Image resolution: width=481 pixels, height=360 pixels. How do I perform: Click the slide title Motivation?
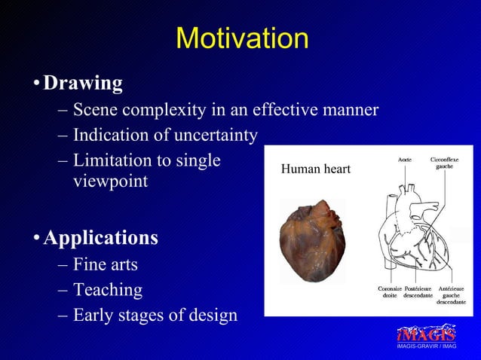coord(241,38)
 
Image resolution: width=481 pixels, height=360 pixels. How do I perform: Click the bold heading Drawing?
coord(83,83)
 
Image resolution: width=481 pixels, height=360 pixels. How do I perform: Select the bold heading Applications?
coord(100,238)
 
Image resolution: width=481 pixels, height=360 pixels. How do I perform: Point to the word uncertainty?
coord(213,136)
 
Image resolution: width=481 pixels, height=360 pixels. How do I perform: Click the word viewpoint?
coord(110,182)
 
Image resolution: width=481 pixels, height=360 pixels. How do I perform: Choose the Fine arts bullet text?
coord(106,264)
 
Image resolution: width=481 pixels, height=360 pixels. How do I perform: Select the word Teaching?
coord(108,289)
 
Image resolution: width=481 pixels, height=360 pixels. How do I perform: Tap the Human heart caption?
coord(315,169)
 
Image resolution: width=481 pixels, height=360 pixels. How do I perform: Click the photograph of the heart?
coord(312,240)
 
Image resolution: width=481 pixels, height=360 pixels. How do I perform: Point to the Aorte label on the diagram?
coord(405,160)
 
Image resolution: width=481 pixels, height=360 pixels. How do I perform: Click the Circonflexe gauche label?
coord(444,163)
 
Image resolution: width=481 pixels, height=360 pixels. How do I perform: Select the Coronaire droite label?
coord(389,292)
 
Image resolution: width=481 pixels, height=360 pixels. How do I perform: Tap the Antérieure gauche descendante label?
coord(451,295)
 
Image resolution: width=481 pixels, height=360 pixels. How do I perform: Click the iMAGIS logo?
coord(426,334)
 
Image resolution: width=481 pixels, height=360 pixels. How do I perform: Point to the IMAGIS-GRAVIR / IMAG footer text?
coord(426,346)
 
